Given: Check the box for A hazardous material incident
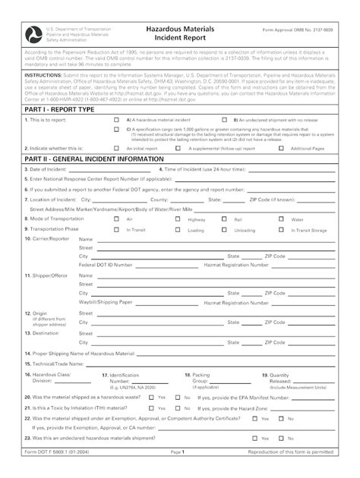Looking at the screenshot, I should (x=116, y=120).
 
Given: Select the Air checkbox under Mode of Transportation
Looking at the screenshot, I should (x=116, y=219).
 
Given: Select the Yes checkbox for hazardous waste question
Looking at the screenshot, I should (x=151, y=397).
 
